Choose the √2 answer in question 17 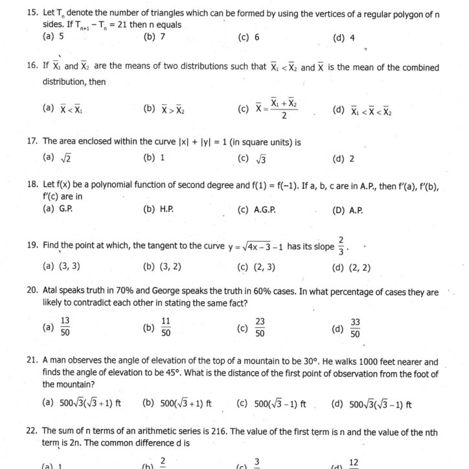pos(66,158)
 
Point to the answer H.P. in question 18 pos(166,210)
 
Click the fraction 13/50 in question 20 pos(65,328)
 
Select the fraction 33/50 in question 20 pos(355,328)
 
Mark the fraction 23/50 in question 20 pos(260,328)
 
